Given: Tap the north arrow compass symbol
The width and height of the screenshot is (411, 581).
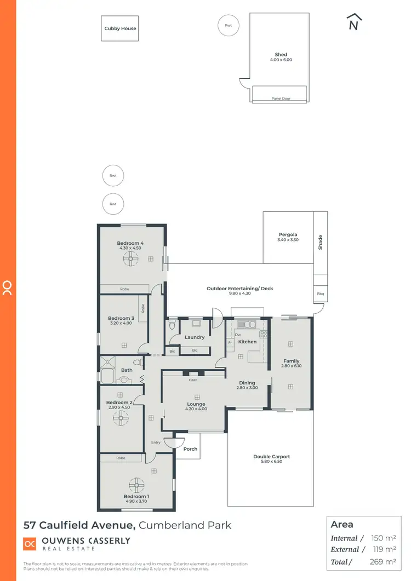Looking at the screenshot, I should [354, 22].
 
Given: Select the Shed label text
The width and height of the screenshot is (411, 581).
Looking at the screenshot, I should [281, 55].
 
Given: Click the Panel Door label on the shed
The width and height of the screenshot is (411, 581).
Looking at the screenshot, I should [281, 99].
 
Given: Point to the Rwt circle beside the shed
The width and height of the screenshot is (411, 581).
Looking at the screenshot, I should [228, 25].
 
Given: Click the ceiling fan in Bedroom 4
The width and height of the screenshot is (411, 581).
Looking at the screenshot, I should [131, 261].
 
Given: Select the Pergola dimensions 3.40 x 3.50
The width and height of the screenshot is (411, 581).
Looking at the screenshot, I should [288, 240].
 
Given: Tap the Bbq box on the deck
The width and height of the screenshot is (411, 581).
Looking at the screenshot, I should [320, 294].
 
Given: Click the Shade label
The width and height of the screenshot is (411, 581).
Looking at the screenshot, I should [321, 242].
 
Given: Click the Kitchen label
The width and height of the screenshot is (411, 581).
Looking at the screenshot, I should [247, 342].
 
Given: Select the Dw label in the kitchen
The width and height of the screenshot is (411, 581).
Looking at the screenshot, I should [238, 334].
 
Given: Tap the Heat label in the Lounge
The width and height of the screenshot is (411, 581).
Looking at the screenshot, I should [192, 380].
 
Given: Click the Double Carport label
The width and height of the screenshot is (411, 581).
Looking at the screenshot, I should [271, 456].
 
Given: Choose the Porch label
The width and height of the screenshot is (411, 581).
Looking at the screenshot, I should [190, 448].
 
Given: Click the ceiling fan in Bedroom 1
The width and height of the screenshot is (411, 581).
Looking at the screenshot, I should [135, 486].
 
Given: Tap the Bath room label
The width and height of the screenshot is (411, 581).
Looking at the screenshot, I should [127, 370].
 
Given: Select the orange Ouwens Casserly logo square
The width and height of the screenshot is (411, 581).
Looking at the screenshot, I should [30, 544].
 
